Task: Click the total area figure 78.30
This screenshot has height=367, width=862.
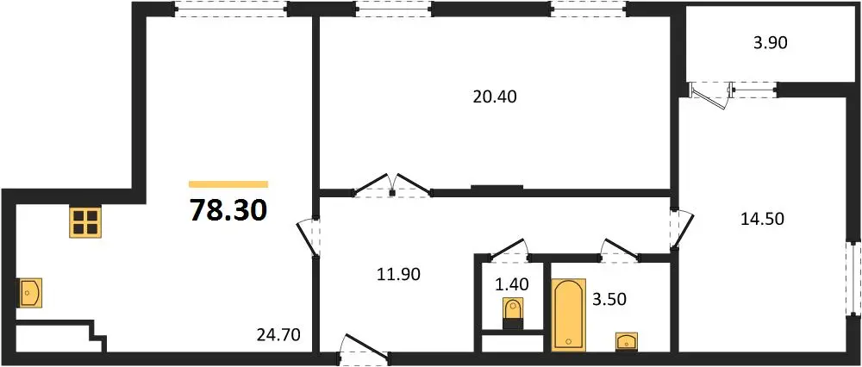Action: pyautogui.click(x=228, y=210)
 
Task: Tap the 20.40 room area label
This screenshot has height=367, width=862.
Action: pyautogui.click(x=495, y=97)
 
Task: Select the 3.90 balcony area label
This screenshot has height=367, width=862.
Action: pyautogui.click(x=771, y=43)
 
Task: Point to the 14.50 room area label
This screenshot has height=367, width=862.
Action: pyautogui.click(x=761, y=219)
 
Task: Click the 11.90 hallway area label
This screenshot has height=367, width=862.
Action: pyautogui.click(x=398, y=274)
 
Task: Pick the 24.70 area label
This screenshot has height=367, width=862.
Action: pyautogui.click(x=278, y=334)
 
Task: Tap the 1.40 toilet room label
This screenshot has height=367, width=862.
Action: pyautogui.click(x=511, y=284)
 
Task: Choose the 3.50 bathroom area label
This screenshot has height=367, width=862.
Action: pyautogui.click(x=609, y=300)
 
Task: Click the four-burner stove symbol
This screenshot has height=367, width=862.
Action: pyautogui.click(x=85, y=222)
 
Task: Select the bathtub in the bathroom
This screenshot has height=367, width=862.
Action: pyautogui.click(x=568, y=314)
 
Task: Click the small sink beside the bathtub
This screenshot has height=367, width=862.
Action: pyautogui.click(x=626, y=340)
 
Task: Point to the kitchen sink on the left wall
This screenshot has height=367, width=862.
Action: pyautogui.click(x=31, y=292)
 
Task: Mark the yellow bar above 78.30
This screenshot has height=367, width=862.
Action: pyautogui.click(x=228, y=184)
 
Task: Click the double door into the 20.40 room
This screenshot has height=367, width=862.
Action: pyautogui.click(x=392, y=185)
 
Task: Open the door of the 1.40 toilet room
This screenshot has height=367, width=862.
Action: pyautogui.click(x=509, y=249)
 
